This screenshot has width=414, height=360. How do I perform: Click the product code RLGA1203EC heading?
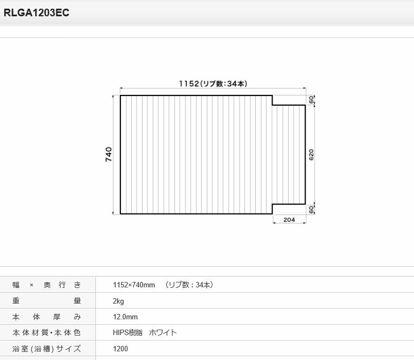click(x=36, y=14)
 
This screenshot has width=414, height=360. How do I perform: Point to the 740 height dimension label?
click(x=108, y=155)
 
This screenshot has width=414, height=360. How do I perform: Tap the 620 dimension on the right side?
click(x=312, y=155)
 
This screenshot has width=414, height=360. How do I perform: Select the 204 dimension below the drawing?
click(x=289, y=220)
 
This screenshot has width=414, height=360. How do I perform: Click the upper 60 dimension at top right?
click(x=312, y=100)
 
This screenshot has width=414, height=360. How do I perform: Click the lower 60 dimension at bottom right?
click(x=312, y=209)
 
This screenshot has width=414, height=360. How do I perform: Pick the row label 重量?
click(x=47, y=300)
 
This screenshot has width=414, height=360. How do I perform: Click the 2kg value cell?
click(x=118, y=300)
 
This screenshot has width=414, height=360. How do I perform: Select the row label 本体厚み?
click(x=47, y=317)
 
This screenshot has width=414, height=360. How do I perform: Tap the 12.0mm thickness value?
click(x=125, y=317)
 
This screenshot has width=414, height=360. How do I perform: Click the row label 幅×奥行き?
click(x=47, y=285)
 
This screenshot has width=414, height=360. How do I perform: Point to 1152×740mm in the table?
click(x=134, y=285)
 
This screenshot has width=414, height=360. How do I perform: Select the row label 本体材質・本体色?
click(x=47, y=332)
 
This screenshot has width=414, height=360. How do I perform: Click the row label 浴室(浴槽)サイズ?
click(x=47, y=349)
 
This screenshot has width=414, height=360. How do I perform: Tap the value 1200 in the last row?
click(x=120, y=349)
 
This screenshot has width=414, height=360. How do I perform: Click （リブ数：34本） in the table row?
click(x=190, y=285)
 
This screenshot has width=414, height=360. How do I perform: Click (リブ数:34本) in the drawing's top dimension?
click(x=223, y=83)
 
